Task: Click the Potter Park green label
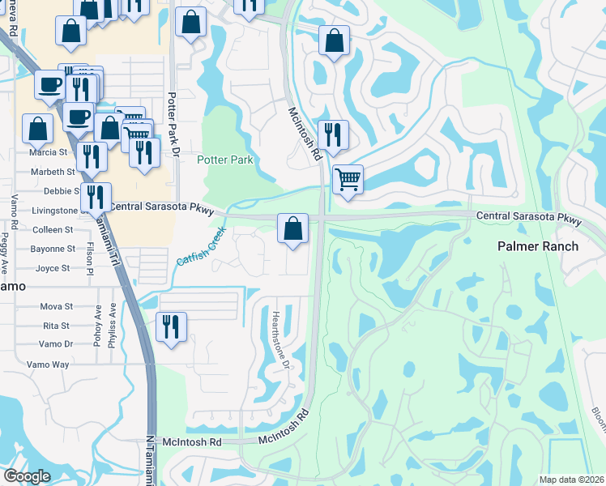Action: coord(225,160)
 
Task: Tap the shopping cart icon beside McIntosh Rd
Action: coord(348,178)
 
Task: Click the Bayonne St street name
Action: coord(54,249)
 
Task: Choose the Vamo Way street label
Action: coord(48,364)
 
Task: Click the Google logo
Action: coord(27,476)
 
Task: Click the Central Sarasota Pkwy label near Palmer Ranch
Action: coord(529,219)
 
